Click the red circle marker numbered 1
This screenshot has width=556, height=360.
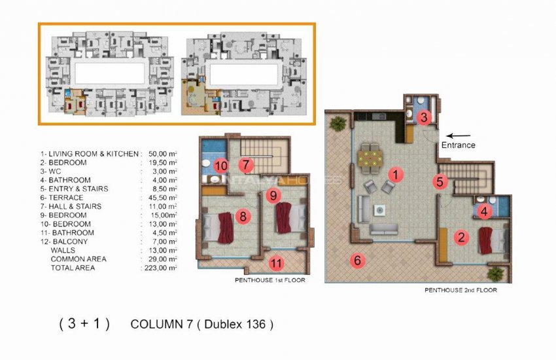394,175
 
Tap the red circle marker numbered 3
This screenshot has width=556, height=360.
425,118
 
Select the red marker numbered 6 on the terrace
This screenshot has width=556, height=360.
357,261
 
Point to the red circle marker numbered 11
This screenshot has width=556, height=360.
276,264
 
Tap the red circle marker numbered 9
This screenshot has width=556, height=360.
274,195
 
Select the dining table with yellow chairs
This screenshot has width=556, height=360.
371,156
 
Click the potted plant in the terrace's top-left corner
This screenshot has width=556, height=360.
338,122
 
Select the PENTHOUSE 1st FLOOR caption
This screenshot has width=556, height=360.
269,280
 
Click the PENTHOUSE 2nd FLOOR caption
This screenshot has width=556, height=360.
460,289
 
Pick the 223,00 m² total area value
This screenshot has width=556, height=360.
160,268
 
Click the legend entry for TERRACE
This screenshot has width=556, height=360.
61,197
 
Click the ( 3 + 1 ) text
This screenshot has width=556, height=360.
84,324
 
